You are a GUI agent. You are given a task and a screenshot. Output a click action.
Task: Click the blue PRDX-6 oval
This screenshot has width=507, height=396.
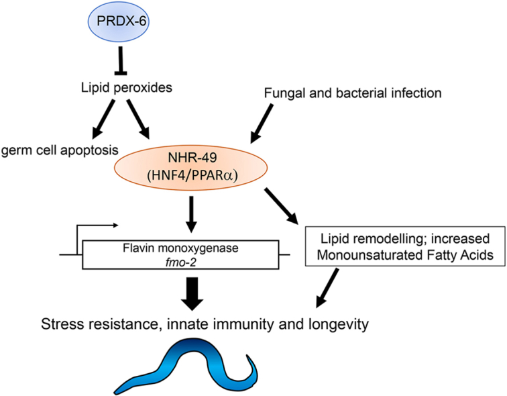coord(119,22)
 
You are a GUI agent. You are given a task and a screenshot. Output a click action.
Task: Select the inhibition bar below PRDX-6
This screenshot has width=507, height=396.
coord(121,60)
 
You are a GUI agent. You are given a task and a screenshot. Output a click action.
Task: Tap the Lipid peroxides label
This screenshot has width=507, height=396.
coord(127,88)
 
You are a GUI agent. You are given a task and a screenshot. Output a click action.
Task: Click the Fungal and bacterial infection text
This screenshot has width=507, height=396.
coord(353,93)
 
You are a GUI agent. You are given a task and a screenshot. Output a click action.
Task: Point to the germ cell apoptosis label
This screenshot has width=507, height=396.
coord(60,150)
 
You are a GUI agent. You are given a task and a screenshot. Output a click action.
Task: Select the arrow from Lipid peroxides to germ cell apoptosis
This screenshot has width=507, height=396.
coord(103,119)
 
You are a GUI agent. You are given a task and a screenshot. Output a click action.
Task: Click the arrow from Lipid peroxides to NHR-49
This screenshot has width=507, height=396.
coord(138,119)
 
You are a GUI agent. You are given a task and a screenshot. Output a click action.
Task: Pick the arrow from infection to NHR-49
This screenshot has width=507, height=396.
coord(262,123)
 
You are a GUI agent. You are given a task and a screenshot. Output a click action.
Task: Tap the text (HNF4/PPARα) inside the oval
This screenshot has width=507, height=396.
coord(192,176)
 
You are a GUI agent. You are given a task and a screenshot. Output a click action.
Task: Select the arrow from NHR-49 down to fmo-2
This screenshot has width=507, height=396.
coord(192,214)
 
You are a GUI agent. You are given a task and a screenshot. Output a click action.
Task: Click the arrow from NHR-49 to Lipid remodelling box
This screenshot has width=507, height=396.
coord(282,206)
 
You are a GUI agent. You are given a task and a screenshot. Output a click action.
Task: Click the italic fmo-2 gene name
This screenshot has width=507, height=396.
coord(180,262)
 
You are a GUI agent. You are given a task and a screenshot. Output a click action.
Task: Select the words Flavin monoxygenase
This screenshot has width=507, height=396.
coord(180,248)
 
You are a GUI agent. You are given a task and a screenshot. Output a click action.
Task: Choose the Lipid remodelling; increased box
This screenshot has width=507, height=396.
coord(405,246)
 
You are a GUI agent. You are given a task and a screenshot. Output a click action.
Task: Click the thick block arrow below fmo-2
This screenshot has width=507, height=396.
coord(192,294)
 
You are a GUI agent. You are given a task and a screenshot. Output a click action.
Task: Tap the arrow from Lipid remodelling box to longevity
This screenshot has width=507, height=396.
coord(327,288)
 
